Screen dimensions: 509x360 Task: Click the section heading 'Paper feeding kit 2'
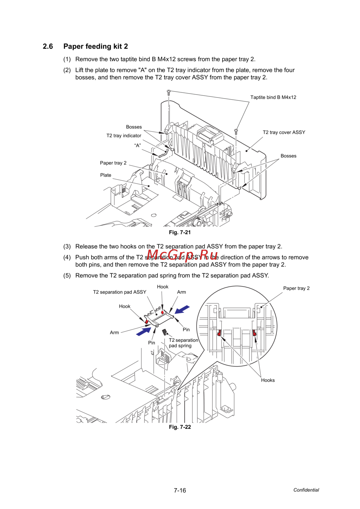[95, 46]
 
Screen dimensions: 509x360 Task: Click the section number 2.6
[48, 46]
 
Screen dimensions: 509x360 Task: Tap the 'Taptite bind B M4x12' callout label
[273, 97]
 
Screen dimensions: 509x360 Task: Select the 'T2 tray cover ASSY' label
[284, 132]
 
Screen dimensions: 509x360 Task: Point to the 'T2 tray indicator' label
[124, 136]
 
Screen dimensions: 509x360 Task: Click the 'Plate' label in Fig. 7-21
[106, 175]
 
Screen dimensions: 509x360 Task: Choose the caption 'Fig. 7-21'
[180, 232]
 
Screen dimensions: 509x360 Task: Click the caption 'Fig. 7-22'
[180, 427]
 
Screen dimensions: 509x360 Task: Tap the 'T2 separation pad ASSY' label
[120, 292]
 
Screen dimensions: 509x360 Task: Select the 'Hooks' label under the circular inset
[268, 380]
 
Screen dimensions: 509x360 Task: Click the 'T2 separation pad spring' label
[183, 343]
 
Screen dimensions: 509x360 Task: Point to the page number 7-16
[180, 490]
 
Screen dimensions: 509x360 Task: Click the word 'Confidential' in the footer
[306, 490]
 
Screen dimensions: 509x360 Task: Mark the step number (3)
[67, 246]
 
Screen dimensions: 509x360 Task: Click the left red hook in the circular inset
[219, 333]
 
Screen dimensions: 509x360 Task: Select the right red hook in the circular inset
[255, 333]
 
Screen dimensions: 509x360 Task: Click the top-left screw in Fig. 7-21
[168, 93]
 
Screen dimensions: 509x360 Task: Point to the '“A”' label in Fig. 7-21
[138, 145]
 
